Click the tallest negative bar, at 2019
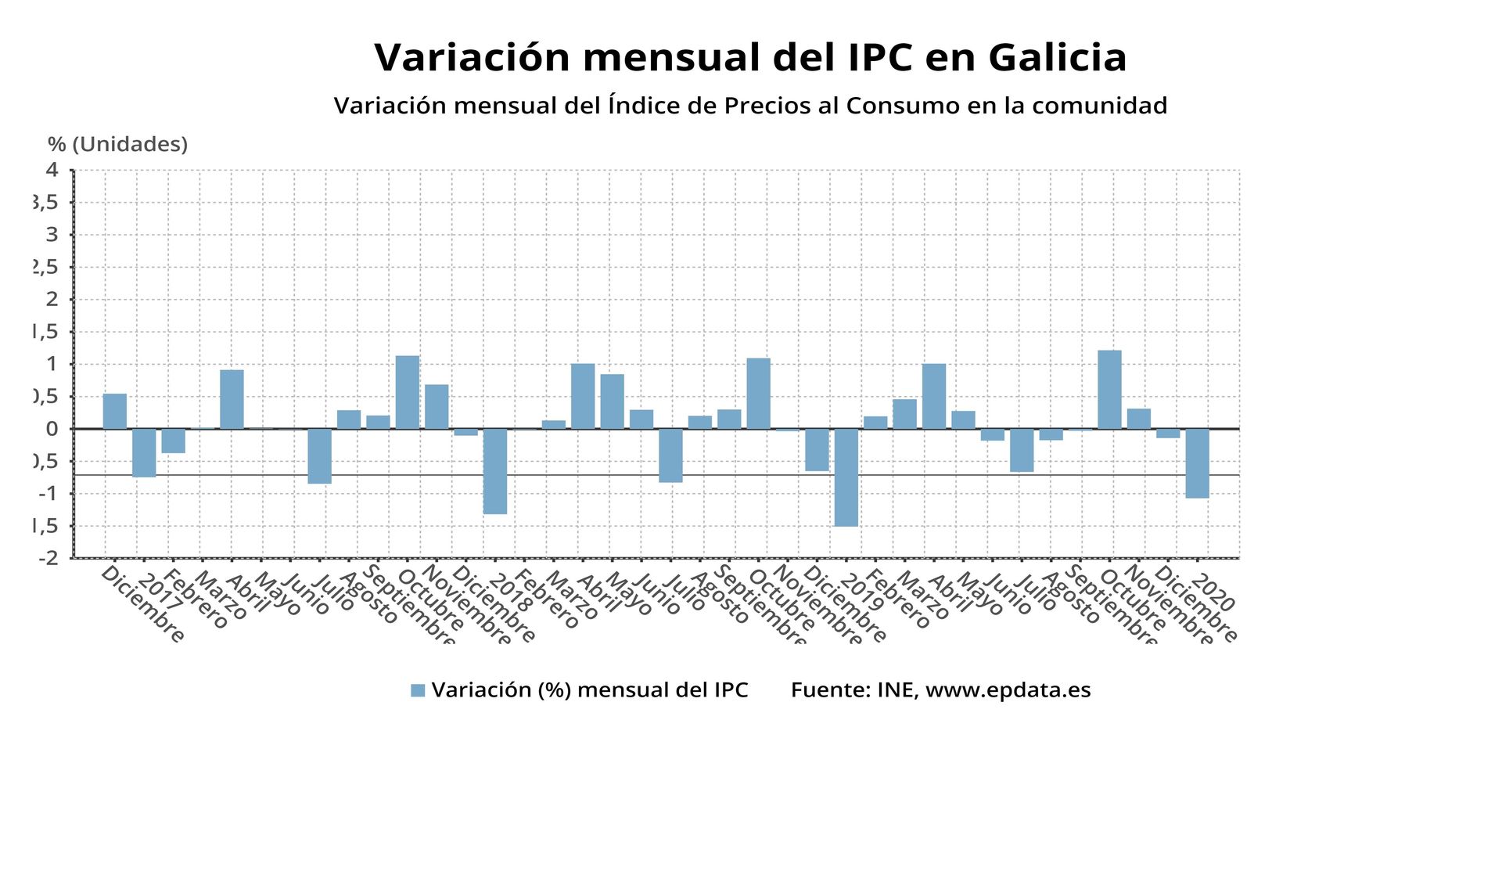(846, 477)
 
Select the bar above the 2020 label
(1197, 463)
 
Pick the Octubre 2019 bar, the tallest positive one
(1109, 389)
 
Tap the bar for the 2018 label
(494, 470)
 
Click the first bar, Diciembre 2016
(115, 411)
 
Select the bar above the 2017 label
(144, 452)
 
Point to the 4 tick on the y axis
(52, 170)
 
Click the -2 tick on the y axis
(49, 558)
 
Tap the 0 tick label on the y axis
(52, 429)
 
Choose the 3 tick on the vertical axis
(52, 235)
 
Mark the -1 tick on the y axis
(49, 494)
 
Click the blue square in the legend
(418, 690)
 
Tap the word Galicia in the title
(1057, 58)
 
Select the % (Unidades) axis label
(117, 145)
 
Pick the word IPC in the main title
(879, 58)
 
